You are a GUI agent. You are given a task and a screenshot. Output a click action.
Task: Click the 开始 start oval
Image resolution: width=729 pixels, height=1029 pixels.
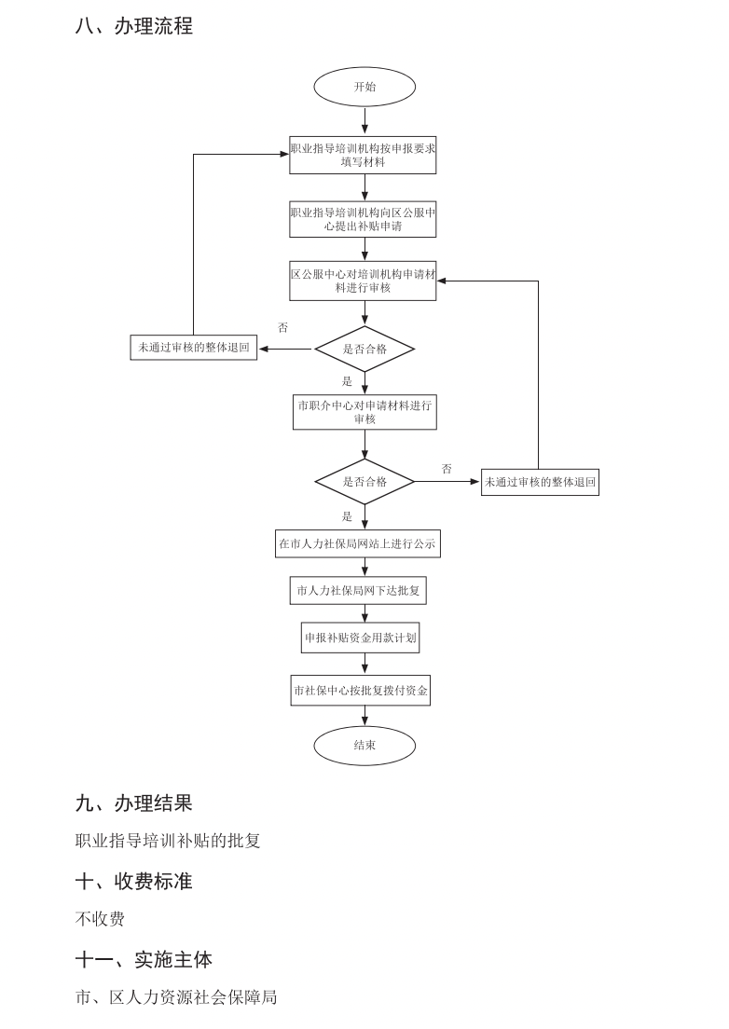364,87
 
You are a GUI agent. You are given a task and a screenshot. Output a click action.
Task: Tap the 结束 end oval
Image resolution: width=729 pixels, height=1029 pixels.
364,746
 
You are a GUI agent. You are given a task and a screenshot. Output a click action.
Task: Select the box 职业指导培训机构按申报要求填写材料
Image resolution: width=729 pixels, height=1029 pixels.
363,155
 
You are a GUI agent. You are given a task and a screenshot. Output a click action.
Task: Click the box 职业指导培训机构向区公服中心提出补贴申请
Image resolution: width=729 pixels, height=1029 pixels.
363,219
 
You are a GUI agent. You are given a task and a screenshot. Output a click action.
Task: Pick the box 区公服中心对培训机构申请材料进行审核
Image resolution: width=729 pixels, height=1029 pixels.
363,281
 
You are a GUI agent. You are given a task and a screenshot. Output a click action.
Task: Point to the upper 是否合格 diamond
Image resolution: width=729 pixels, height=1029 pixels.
364,349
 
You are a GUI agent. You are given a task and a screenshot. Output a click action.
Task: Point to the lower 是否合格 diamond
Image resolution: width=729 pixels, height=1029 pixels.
364,482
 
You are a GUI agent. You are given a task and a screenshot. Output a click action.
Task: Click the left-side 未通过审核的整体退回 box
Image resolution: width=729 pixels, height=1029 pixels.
194,348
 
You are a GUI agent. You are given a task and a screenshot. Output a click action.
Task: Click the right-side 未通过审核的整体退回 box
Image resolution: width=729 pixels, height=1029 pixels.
540,482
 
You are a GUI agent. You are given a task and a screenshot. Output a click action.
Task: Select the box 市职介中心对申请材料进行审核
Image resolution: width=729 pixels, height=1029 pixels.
364,412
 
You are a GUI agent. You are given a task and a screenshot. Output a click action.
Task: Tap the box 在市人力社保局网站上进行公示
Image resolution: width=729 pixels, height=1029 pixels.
357,542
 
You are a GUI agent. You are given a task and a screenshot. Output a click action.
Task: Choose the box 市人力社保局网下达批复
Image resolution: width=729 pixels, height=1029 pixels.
359,590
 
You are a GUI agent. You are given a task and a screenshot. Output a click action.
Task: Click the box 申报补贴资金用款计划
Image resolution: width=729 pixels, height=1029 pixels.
360,638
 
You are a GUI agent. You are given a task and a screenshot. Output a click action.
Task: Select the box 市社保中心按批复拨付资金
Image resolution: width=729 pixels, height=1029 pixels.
361,691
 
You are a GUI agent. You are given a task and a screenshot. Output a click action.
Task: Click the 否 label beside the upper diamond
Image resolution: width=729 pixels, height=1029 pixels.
283,328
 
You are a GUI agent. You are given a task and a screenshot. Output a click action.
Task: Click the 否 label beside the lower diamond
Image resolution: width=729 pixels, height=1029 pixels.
447,469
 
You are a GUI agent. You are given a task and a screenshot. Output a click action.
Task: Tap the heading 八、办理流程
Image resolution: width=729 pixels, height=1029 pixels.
134,26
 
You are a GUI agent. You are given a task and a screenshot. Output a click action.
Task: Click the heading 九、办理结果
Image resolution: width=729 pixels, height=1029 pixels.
134,803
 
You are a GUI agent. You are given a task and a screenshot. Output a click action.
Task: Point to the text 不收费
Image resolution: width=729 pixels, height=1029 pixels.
100,919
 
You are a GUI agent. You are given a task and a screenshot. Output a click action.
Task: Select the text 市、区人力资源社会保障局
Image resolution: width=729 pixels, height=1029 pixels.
176,997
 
